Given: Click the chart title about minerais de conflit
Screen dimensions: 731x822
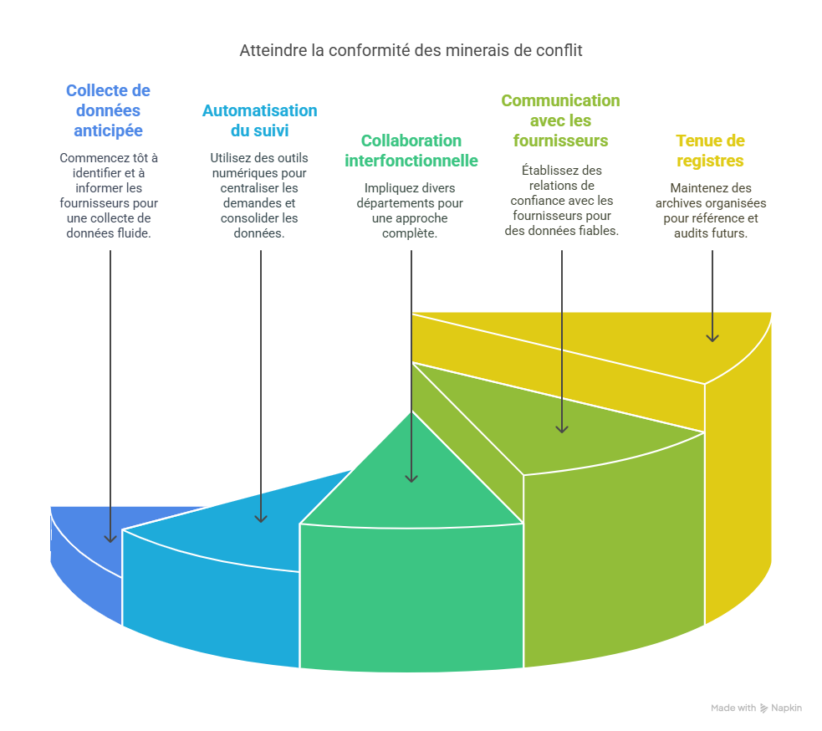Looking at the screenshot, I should point(411,50).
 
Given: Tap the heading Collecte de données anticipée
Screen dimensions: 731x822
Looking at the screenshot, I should point(108,110).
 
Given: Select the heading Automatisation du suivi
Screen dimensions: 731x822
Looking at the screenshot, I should point(260,120).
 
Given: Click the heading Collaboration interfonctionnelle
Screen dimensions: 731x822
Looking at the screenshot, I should point(411,151).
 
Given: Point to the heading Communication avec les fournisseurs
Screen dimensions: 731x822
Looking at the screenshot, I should point(560,120).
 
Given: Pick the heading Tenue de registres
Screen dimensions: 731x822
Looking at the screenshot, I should point(710,151).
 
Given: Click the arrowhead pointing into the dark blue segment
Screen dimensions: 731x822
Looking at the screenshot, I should point(110,539).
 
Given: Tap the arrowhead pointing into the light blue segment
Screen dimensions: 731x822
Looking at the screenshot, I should point(261,519).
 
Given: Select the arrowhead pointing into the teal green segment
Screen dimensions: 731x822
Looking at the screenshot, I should point(411,478).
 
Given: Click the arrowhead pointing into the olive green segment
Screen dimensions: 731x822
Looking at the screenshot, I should point(562,428).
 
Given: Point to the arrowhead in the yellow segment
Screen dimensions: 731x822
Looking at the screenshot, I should point(712,337).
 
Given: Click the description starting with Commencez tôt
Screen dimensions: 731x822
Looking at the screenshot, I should point(109,195).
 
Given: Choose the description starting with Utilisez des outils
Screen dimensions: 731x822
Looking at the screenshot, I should point(259,195).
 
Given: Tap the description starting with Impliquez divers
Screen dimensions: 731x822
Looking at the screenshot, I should point(411,210).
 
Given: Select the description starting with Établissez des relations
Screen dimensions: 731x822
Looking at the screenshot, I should point(561,201).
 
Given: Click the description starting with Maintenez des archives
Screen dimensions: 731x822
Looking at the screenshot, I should point(711,210).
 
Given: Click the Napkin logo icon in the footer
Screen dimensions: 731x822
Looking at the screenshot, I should point(764,708).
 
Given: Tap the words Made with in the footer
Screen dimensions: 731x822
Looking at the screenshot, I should point(733,708).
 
